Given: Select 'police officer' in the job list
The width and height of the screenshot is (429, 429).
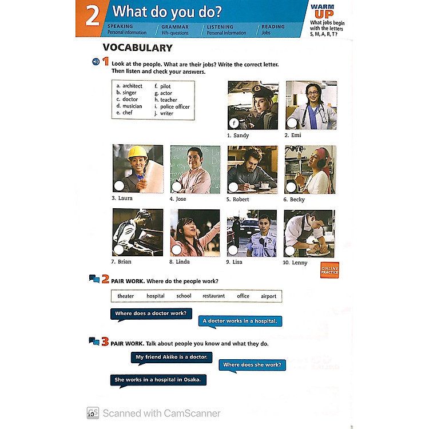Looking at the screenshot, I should click(x=174, y=106).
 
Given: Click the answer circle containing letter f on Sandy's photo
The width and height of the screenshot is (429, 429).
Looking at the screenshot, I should click(x=233, y=123).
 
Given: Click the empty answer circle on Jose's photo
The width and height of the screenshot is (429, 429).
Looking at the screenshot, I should click(x=177, y=186).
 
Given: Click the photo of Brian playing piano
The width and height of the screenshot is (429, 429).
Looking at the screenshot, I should click(x=137, y=232).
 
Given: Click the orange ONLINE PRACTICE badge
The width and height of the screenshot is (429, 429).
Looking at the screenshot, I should click(x=329, y=270).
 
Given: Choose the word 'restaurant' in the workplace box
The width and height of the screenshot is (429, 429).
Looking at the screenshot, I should click(x=213, y=296).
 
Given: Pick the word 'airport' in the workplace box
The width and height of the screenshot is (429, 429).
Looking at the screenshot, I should click(x=268, y=296).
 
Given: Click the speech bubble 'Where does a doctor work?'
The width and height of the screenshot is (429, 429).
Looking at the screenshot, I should click(x=150, y=313).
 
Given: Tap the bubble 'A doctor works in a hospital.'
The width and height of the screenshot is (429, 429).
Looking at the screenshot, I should click(x=240, y=321).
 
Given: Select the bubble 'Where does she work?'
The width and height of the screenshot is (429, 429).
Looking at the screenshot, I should click(x=252, y=364).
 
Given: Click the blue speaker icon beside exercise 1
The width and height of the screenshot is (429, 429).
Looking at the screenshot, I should click(x=96, y=62).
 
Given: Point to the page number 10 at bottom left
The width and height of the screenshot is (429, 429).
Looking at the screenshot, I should click(x=90, y=414).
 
